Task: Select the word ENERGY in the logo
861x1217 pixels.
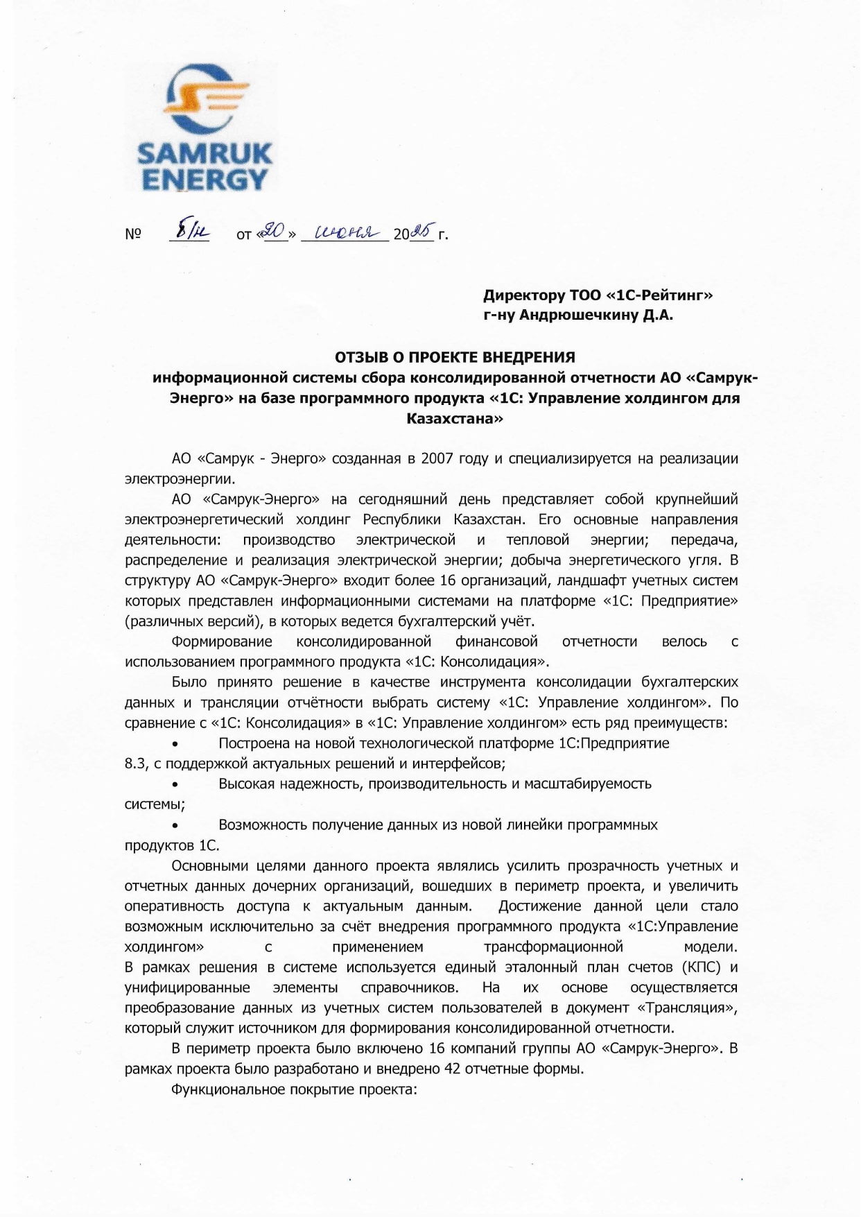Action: tap(205, 180)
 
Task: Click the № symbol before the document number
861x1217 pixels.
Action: tap(133, 234)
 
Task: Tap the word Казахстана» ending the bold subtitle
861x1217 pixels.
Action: tap(455, 419)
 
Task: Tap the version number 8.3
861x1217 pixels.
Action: tap(134, 764)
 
